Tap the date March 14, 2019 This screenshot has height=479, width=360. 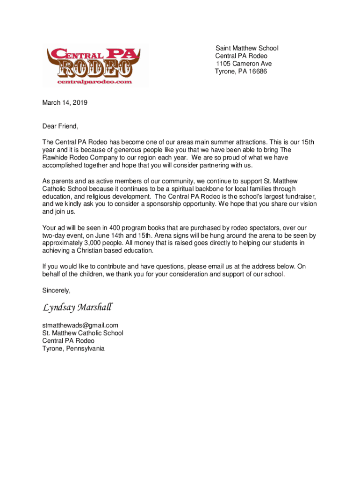(x=65, y=102)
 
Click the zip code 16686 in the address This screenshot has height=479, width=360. (x=258, y=72)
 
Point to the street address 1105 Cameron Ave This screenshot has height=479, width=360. (x=244, y=64)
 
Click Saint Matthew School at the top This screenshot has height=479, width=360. (x=246, y=48)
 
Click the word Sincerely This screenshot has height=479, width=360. (x=56, y=290)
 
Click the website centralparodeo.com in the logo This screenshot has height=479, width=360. (x=94, y=81)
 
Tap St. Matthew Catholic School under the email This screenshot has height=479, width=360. (x=83, y=333)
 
